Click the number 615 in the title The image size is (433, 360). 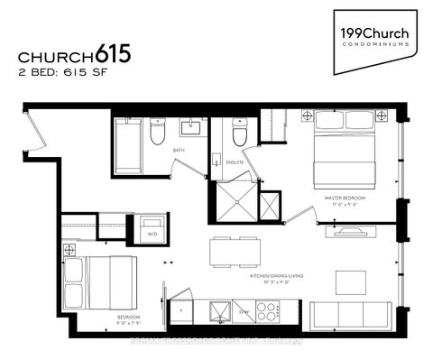point(111,52)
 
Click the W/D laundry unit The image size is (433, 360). point(152,226)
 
